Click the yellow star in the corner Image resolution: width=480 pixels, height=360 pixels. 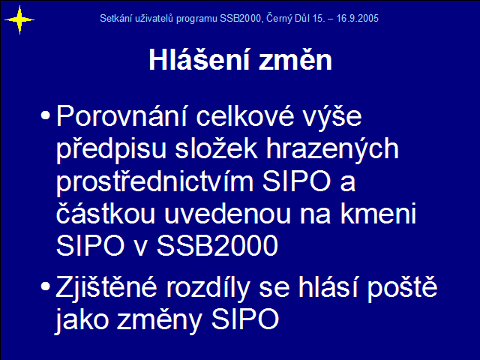(x=19, y=20)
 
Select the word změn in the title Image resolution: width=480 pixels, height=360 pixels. (x=295, y=60)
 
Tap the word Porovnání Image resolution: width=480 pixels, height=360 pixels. (x=121, y=115)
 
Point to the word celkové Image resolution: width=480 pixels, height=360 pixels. (x=245, y=115)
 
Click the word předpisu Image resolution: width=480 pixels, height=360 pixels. (x=111, y=148)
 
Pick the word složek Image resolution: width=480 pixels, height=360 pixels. (x=217, y=148)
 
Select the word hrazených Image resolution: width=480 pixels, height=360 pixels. (x=333, y=148)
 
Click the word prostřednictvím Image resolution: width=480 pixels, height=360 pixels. (x=155, y=181)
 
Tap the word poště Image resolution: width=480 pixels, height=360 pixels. (x=403, y=288)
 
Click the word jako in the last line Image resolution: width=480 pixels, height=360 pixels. (x=82, y=320)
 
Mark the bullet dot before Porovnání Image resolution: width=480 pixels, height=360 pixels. (x=45, y=115)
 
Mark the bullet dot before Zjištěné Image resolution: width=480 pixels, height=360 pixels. (x=45, y=286)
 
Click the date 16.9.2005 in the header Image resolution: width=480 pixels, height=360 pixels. (x=358, y=18)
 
